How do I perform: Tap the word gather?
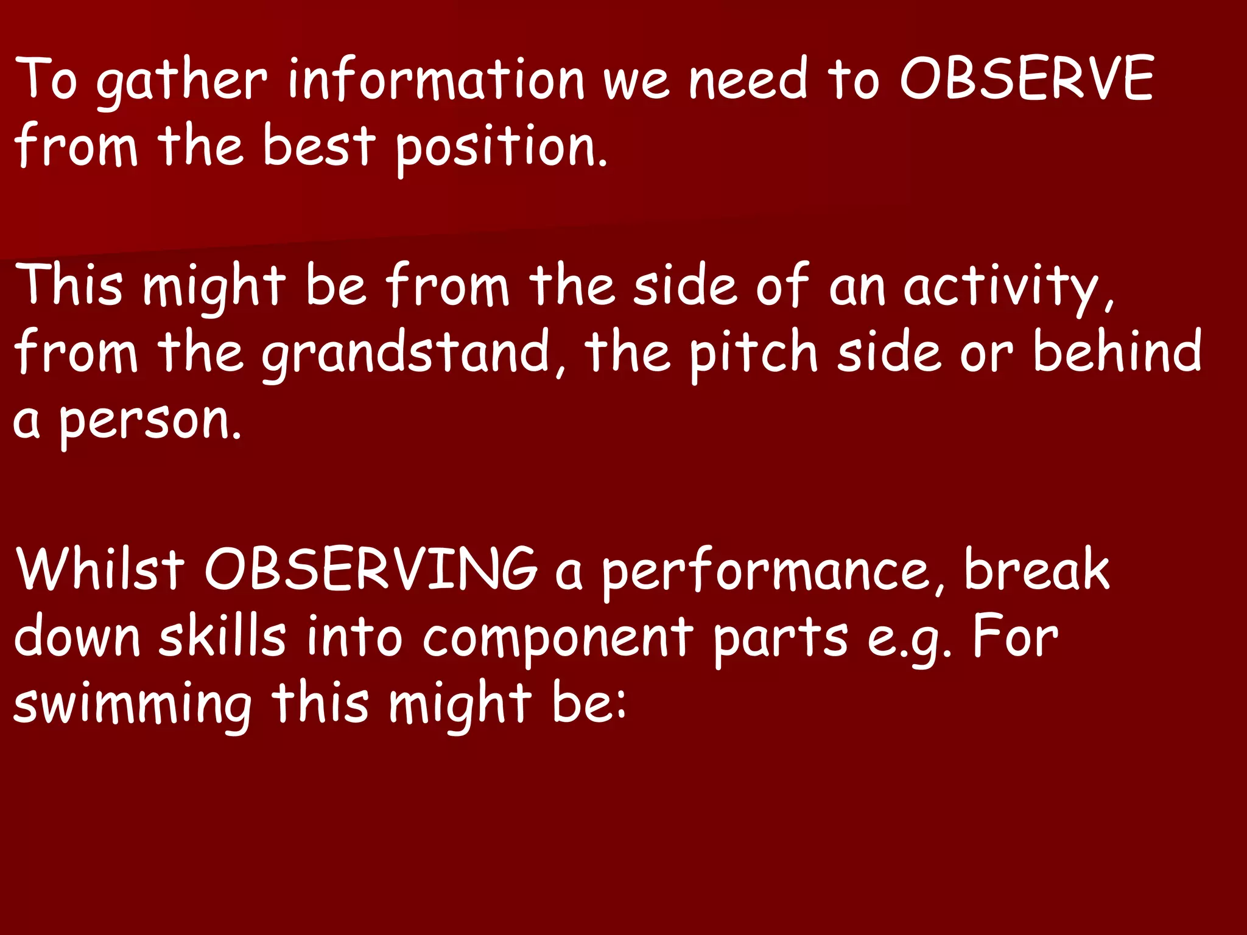[x=181, y=82]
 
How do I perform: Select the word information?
[x=436, y=79]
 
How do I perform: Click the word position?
[x=501, y=149]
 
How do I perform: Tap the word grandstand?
[x=407, y=353]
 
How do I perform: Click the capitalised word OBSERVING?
[x=371, y=569]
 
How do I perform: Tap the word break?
[x=1037, y=569]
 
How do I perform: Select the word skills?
[x=223, y=637]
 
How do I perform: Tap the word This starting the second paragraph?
[x=71, y=285]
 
